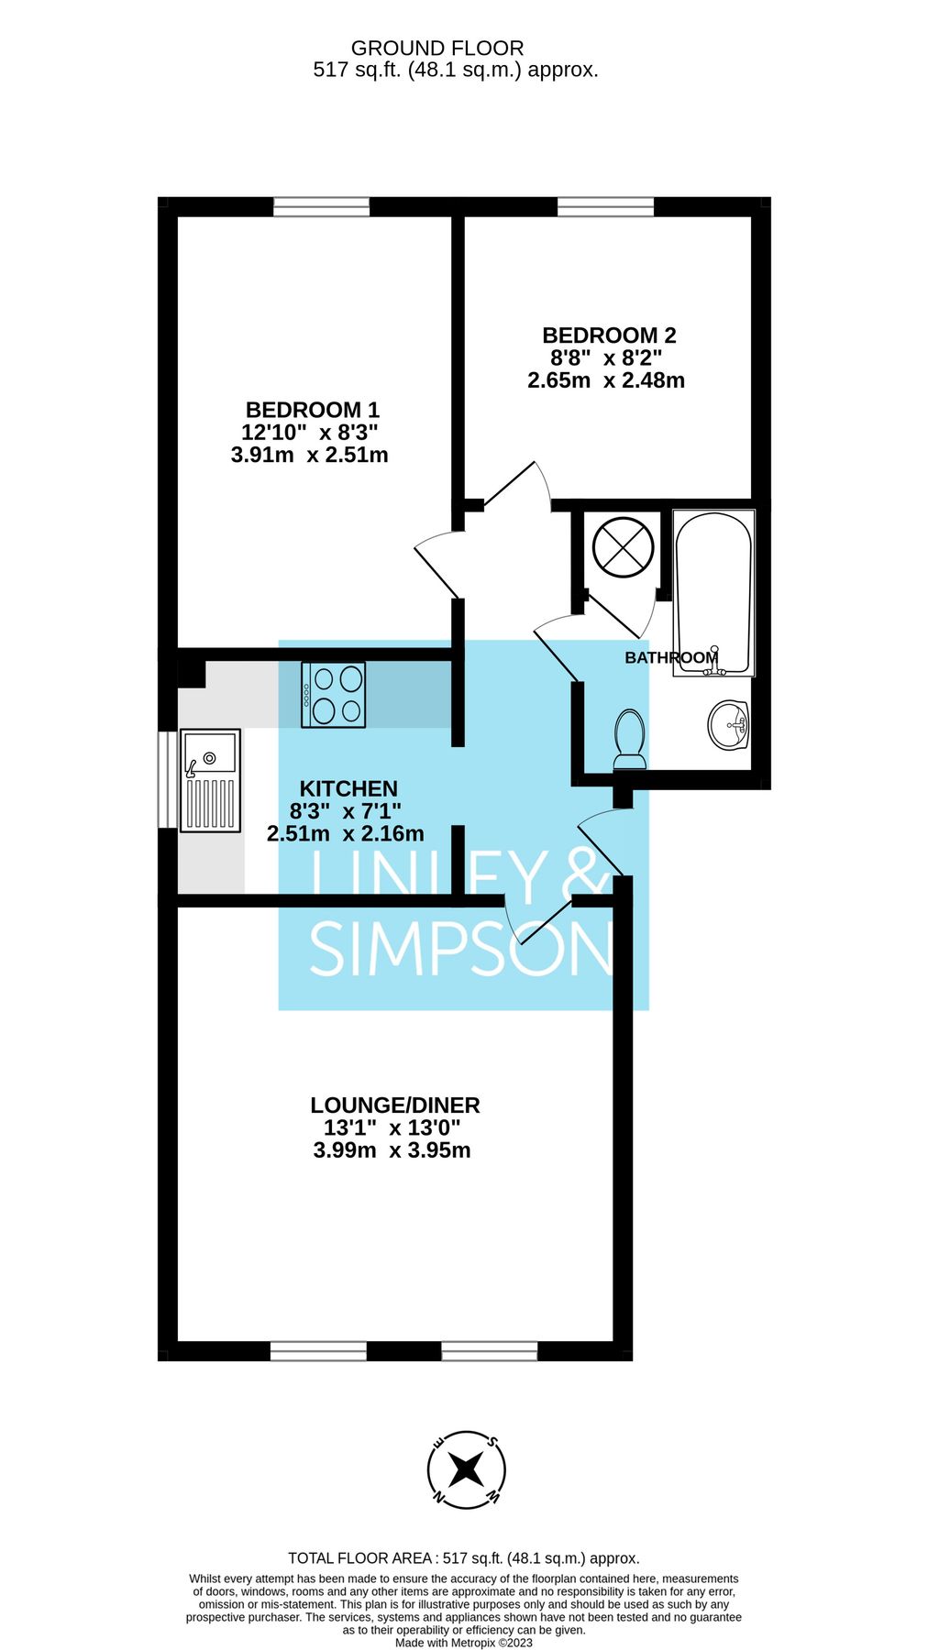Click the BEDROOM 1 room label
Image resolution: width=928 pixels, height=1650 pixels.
[312, 410]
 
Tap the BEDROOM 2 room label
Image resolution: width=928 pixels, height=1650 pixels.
[609, 335]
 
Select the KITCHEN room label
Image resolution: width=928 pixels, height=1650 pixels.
[348, 788]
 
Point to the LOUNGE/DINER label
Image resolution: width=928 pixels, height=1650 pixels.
[394, 1105]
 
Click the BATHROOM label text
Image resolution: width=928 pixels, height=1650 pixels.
[671, 657]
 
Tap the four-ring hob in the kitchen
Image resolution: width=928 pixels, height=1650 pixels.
[334, 695]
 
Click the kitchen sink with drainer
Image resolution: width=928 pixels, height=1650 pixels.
[211, 780]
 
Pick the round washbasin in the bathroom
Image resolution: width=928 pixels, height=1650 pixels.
[730, 725]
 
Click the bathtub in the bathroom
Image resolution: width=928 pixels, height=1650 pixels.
[714, 593]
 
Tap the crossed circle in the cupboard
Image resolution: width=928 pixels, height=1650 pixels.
[624, 547]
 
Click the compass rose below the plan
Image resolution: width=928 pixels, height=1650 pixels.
[466, 1470]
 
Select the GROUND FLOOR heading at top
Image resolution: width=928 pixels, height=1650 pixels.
[437, 49]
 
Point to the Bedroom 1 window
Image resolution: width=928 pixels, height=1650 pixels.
[322, 207]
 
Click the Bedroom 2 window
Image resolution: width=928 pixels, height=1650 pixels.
[606, 207]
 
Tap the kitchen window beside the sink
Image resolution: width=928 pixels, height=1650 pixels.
[167, 780]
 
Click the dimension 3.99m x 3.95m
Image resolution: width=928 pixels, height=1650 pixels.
[392, 1150]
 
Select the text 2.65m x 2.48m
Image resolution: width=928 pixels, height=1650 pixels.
[606, 379]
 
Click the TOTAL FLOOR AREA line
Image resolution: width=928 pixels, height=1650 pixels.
[464, 1557]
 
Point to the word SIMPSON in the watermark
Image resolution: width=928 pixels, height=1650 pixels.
[461, 950]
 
